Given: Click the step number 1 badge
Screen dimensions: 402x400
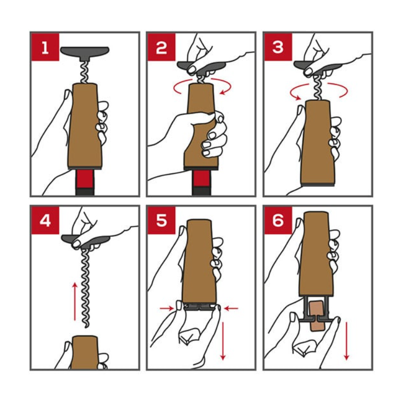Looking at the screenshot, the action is point(45,47).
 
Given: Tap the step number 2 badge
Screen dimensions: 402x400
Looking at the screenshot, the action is point(161,47).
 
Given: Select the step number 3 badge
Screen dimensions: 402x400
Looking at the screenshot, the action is point(278,47).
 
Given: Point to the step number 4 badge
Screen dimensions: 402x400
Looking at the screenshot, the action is point(45,220).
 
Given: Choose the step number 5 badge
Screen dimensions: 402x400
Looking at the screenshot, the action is point(161,220).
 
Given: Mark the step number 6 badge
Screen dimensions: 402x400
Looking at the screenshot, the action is point(278,220).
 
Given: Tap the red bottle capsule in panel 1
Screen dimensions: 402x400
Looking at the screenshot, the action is point(85,179).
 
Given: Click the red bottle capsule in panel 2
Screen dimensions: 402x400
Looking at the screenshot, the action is point(201,178).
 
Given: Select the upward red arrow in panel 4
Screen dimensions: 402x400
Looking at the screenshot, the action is point(75,301).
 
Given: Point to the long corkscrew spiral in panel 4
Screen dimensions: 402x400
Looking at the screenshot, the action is point(85,287).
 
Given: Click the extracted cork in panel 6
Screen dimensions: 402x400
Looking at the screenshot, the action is point(317,316).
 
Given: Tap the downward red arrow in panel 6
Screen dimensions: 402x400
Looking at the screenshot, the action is point(346,341).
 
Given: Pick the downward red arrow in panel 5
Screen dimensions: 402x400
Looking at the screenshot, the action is point(223,341).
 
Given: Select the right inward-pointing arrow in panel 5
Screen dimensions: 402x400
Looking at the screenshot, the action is point(231,308).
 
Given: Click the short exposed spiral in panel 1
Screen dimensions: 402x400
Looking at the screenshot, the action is point(85,72).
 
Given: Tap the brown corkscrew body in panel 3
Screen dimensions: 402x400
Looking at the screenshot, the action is point(317,142).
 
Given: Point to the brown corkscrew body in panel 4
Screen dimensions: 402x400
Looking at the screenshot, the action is point(85,353).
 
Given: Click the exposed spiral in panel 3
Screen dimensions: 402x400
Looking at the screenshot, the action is point(318,88).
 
